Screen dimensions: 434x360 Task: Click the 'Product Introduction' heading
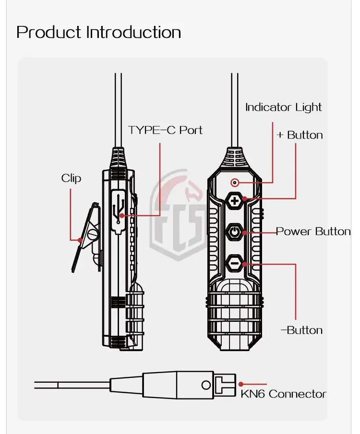tap(99, 33)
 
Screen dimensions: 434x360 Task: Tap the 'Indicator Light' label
tap(283, 107)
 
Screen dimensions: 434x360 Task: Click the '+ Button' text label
tap(300, 135)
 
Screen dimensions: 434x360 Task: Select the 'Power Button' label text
tap(313, 232)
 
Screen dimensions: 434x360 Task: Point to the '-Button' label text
tap(301, 330)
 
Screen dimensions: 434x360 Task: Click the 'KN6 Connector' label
tap(283, 394)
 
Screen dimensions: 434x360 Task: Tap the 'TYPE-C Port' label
tap(165, 130)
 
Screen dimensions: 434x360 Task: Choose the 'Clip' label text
tap(71, 178)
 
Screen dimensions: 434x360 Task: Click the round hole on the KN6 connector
tap(206, 384)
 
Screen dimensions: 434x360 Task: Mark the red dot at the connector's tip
tap(241, 384)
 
